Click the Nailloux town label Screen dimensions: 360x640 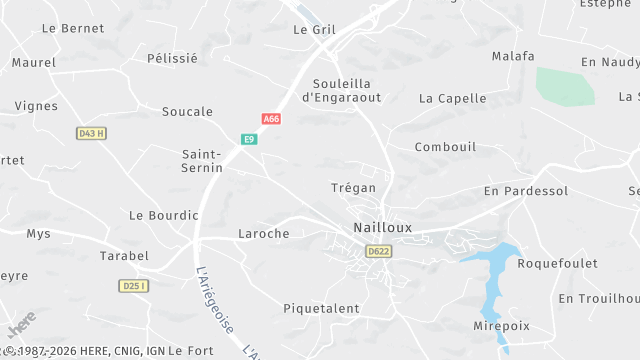(382, 228)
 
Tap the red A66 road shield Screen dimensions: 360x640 (271, 119)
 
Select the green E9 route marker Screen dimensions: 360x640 (249, 139)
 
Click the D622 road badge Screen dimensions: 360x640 (378, 251)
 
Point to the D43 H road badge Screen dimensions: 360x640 (91, 133)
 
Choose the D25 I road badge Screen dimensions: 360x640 (133, 286)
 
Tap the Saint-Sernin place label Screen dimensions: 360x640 (202, 161)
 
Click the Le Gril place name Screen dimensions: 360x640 (314, 30)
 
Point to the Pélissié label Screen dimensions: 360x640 (172, 59)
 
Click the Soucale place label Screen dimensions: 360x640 (187, 112)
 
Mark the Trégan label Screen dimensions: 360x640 (353, 188)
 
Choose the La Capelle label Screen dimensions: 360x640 (452, 99)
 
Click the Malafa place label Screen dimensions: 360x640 (513, 57)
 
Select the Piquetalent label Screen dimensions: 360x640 (321, 309)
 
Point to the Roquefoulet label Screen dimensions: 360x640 (557, 264)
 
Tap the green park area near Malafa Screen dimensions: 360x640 (565, 86)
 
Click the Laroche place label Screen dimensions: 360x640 (263, 234)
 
